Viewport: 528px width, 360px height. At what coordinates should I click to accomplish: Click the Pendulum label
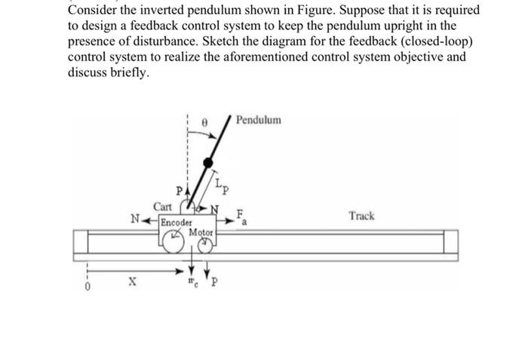259,119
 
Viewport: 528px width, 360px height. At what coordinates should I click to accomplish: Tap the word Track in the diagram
361,216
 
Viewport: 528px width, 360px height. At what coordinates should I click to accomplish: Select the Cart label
163,206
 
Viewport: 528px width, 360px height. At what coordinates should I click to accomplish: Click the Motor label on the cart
201,232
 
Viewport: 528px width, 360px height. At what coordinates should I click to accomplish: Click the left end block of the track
80,242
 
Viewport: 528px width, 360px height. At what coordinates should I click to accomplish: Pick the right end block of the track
450,242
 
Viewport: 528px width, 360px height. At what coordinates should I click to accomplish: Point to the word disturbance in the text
167,42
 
